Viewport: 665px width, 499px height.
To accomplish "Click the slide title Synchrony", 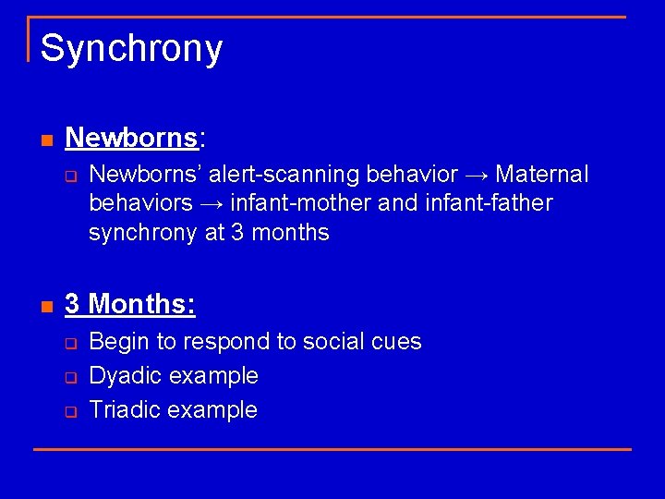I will click(x=131, y=49).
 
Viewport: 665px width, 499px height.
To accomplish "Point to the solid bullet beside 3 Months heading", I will click(x=46, y=306).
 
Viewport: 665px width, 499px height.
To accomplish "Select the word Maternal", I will click(x=542, y=175).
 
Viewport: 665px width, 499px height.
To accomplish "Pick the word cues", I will click(x=397, y=342).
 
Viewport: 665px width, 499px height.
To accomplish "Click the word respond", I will click(x=224, y=343).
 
